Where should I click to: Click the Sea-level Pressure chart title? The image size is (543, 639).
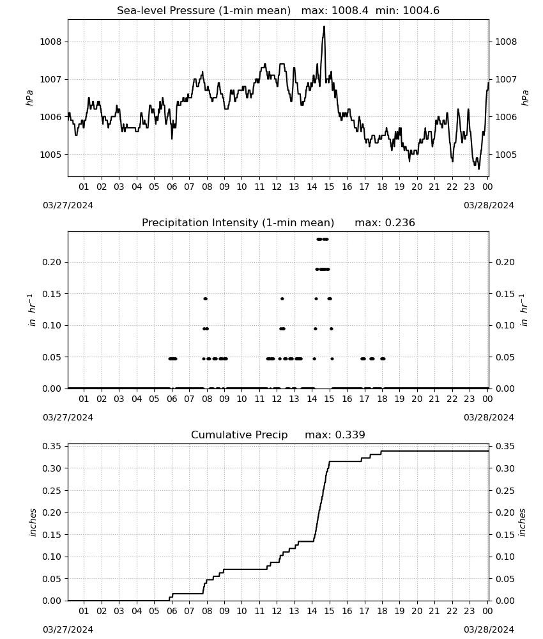coord(204,11)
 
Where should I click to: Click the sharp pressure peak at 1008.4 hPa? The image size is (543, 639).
coord(325,27)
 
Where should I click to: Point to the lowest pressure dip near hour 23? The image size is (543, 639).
coord(478,168)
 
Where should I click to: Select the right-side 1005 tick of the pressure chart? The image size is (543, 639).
coord(506,155)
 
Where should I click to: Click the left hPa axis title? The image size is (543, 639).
coord(29,98)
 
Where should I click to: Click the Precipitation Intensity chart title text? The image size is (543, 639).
coord(238,223)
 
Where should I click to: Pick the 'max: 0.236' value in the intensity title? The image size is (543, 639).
coord(385,223)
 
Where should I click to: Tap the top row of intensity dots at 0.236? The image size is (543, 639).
coord(323,239)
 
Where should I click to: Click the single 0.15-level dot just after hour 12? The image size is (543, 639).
coord(282,298)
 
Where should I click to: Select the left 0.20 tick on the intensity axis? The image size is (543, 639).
coord(51,262)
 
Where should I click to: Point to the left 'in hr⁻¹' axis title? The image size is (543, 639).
coord(32,310)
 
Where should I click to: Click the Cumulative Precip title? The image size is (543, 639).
coord(239,435)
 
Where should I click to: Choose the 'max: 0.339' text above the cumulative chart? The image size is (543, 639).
coord(335,435)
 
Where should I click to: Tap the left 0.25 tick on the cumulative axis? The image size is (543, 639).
coord(51,491)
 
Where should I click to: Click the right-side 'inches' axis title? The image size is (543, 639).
coord(522,523)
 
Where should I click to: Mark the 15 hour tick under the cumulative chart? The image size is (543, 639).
coord(329,611)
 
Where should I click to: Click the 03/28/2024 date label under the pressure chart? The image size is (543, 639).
coord(489,205)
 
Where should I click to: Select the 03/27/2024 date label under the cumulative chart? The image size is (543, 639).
coord(68,629)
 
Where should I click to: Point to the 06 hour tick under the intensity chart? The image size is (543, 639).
coord(172,399)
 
